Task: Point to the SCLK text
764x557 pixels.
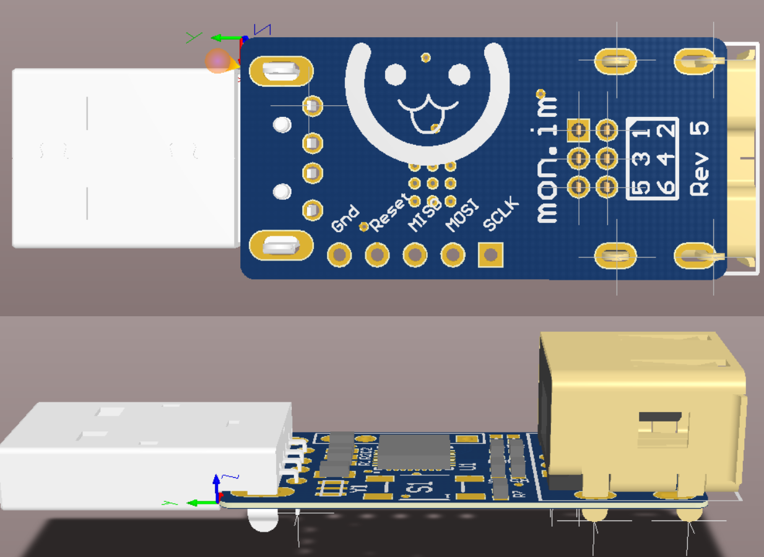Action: (500, 215)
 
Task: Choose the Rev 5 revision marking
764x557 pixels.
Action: (700, 158)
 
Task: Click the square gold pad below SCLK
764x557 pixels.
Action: (490, 254)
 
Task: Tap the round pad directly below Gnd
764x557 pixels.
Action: (339, 254)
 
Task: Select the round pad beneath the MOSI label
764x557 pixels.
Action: (453, 254)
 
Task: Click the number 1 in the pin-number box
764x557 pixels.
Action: (644, 131)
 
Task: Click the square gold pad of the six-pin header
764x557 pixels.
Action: (579, 130)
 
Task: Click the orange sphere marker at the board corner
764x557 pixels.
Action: (218, 61)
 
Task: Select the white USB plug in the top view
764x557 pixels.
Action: (124, 158)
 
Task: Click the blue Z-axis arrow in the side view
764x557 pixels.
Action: (217, 486)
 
